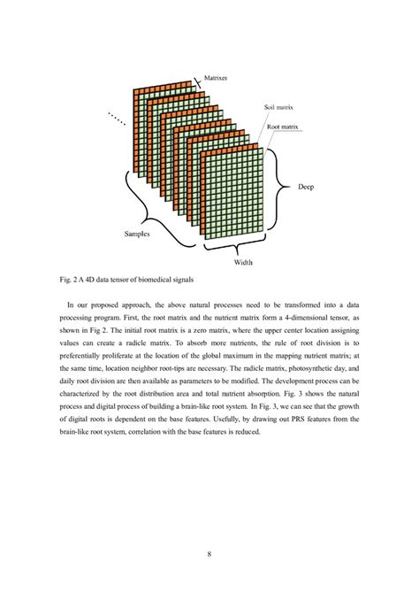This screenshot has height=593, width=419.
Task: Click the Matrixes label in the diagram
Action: pyautogui.click(x=217, y=78)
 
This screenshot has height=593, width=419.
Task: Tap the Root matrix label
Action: pyautogui.click(x=283, y=127)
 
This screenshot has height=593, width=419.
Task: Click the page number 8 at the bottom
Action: pyautogui.click(x=209, y=554)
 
